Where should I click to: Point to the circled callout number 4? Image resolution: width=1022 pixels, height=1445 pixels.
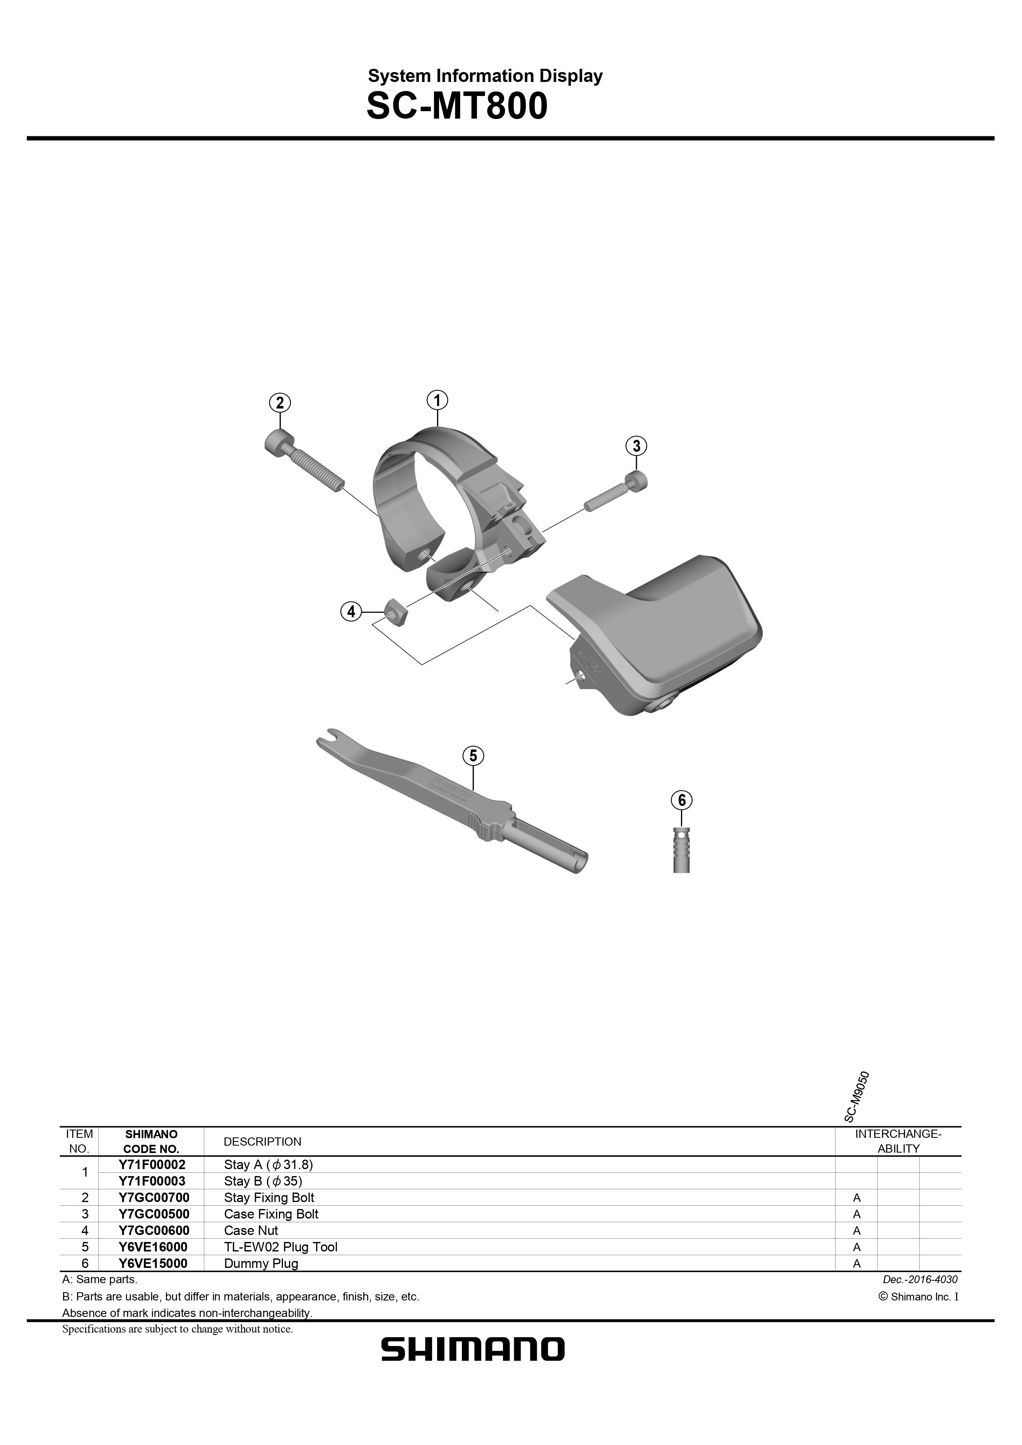click(x=351, y=611)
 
